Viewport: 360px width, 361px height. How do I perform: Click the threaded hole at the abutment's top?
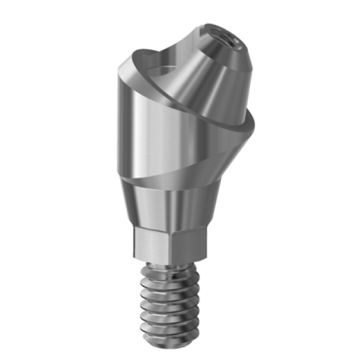(227, 43)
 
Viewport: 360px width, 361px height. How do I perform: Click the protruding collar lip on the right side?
(246, 129)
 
